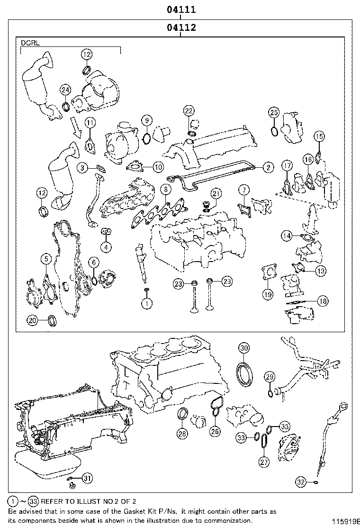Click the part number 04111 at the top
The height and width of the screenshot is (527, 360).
coord(180,9)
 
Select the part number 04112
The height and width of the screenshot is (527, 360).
coord(180,28)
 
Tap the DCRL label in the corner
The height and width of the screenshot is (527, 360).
coord(30,43)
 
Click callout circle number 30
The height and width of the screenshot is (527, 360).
coord(243,348)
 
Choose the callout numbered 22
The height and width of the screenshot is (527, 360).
coord(189,111)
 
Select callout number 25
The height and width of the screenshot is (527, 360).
coord(274,112)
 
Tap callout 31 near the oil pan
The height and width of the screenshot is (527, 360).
coord(86,478)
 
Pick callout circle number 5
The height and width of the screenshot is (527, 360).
coord(46,259)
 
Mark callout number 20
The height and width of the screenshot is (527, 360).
coord(32,321)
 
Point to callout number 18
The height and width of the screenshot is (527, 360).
coord(323,300)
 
